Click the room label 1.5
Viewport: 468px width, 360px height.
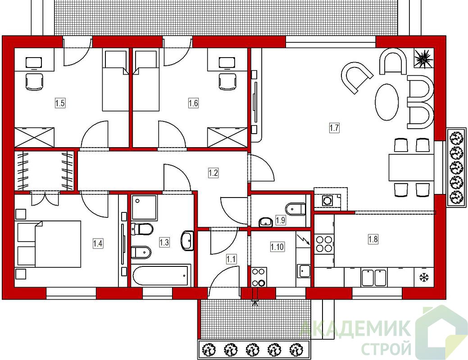click(60, 103)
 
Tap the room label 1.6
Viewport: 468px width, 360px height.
click(193, 103)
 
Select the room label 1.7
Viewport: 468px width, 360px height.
click(334, 128)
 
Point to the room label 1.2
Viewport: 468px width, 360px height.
click(213, 173)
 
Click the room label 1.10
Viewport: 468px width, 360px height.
click(277, 247)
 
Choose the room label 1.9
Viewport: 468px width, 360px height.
click(281, 220)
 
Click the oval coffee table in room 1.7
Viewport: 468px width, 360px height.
click(387, 102)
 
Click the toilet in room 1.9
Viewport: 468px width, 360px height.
click(295, 209)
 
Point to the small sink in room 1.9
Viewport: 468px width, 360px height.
click(265, 222)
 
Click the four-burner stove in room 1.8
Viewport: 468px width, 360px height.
click(324, 244)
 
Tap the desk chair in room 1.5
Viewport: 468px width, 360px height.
click(34, 81)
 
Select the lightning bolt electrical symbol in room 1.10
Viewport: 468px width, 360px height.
click(304, 239)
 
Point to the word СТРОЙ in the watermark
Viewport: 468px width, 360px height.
click(386, 348)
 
